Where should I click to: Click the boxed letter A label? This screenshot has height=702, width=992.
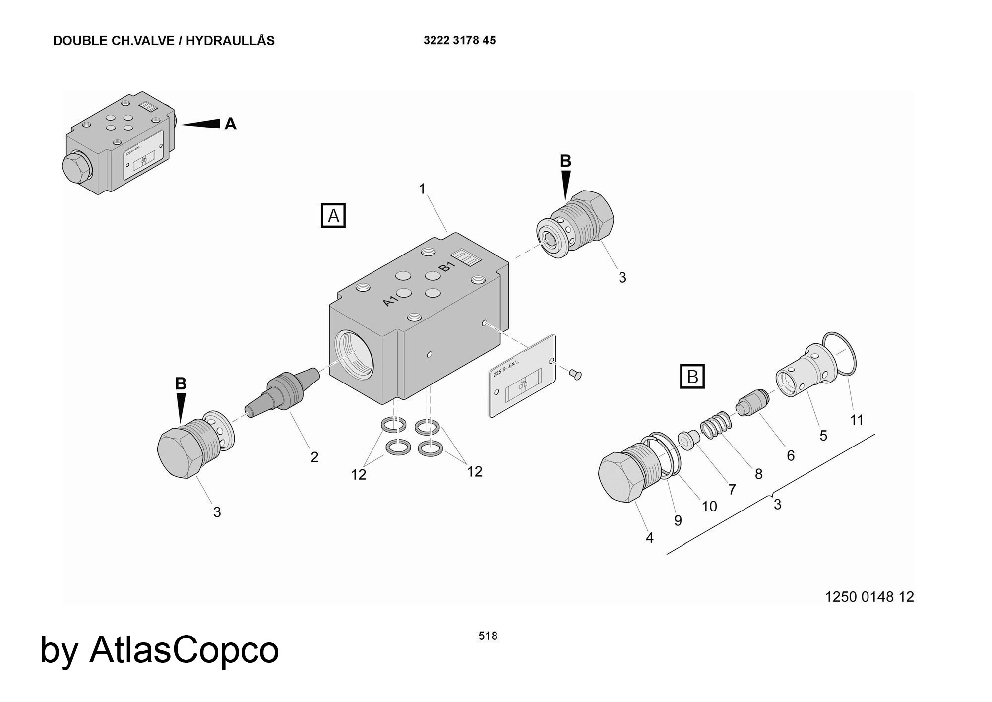point(333,216)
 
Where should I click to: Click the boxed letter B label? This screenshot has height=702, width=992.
point(692,377)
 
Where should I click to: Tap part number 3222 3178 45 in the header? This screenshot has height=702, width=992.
point(459,41)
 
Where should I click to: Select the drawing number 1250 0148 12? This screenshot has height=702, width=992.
point(869,596)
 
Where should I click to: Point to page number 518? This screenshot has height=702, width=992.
point(488,636)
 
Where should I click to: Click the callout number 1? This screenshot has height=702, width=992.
point(422,189)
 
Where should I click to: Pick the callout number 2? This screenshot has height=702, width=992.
point(314,457)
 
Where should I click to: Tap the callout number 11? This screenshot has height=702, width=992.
point(857,420)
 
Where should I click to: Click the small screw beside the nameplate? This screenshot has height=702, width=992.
point(575,374)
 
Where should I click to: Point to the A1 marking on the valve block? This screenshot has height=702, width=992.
point(391,300)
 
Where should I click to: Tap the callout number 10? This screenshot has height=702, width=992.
point(709,506)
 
